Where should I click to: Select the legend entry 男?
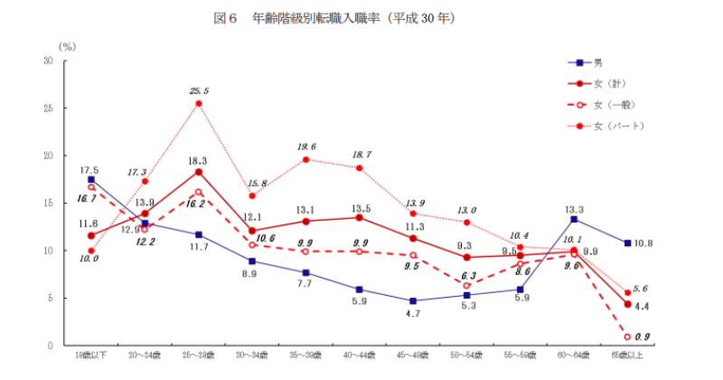597,62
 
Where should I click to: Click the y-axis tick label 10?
49,251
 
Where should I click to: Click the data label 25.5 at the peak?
199,90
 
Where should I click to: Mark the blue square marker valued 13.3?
574,219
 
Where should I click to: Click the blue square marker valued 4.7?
412,300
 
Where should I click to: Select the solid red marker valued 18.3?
199,172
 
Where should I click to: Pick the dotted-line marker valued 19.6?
306,159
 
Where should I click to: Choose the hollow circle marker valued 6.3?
466,286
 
